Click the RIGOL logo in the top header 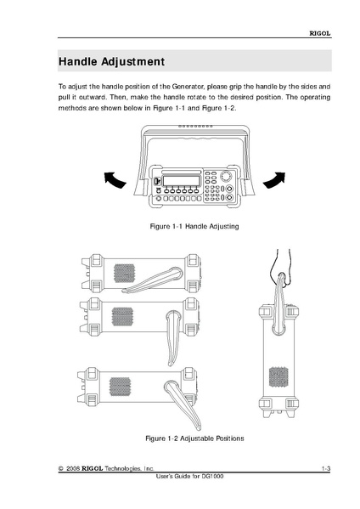320,33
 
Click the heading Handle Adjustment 111,61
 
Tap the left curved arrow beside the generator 115,180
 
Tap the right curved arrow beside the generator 274,180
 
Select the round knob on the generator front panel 227,176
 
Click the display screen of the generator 181,180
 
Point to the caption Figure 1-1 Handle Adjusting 194,226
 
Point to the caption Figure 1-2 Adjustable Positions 194,438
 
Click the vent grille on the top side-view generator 124,274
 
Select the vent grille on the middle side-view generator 122,316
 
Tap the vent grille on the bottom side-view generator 120,387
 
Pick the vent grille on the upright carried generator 279,377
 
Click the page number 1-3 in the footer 326,468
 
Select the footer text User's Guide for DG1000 189,477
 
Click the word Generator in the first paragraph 188,87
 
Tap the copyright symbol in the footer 60,469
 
